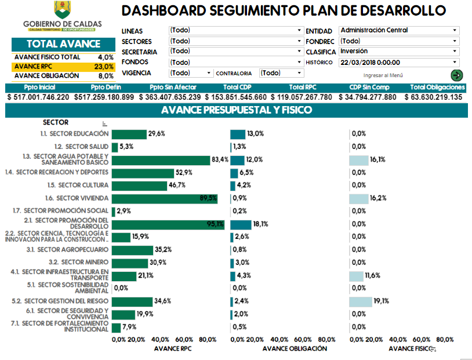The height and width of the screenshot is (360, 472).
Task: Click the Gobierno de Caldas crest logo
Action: [62, 10]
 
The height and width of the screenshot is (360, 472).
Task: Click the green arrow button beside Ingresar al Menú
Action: [456, 75]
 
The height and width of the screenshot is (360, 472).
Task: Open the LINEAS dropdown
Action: [235, 30]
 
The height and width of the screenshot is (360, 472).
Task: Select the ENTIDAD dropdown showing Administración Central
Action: [399, 30]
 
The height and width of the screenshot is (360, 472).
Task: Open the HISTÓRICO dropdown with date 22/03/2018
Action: [399, 63]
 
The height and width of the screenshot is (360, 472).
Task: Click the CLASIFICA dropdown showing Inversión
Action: [399, 52]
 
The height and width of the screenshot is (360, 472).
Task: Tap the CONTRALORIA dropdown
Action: [281, 73]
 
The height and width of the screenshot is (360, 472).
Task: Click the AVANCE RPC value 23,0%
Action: [104, 67]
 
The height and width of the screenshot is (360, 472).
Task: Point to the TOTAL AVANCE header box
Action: [63, 44]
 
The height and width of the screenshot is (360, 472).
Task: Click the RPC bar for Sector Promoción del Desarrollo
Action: [168, 224]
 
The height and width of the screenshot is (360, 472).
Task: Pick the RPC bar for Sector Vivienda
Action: [165, 198]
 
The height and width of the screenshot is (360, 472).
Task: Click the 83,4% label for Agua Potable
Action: [220, 159]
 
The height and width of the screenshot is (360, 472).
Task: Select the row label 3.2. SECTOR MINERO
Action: [84, 263]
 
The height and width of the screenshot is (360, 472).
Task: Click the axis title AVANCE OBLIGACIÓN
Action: [295, 349]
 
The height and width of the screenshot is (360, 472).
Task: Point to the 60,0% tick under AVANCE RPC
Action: [184, 339]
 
